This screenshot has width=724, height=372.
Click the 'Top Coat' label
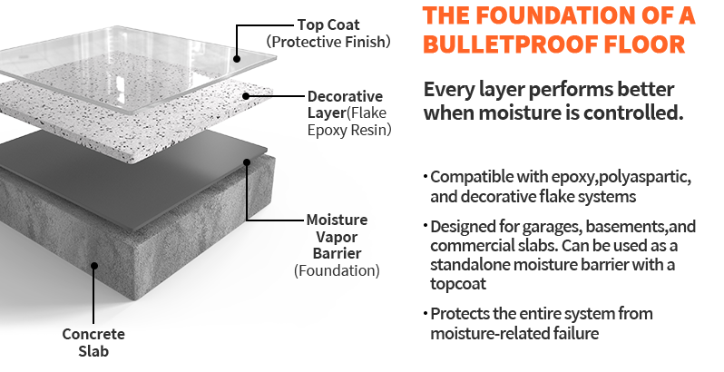pos(328,24)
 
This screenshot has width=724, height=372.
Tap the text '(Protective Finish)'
pos(328,42)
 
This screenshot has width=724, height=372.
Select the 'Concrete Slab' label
pos(93,342)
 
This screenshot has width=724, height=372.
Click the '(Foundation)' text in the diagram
pos(337,270)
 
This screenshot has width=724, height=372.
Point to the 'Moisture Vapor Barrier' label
pos(338,236)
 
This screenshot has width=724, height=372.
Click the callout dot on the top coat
pos(237,59)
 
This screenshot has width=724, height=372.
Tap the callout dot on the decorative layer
pos(246,96)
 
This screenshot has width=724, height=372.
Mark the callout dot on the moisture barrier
pos(247,162)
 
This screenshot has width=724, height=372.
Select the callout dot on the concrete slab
pos(94,265)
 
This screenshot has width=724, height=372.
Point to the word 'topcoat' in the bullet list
pos(458,283)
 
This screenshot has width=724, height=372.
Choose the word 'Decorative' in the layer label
pos(345,96)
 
